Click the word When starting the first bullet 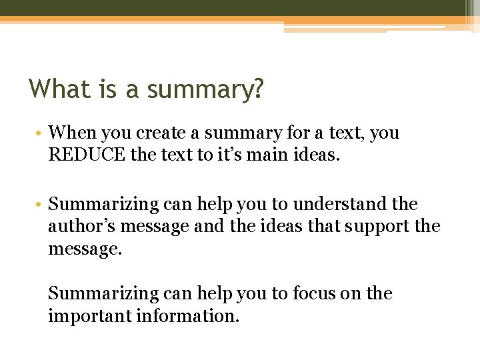(73, 133)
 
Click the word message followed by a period (83, 249)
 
